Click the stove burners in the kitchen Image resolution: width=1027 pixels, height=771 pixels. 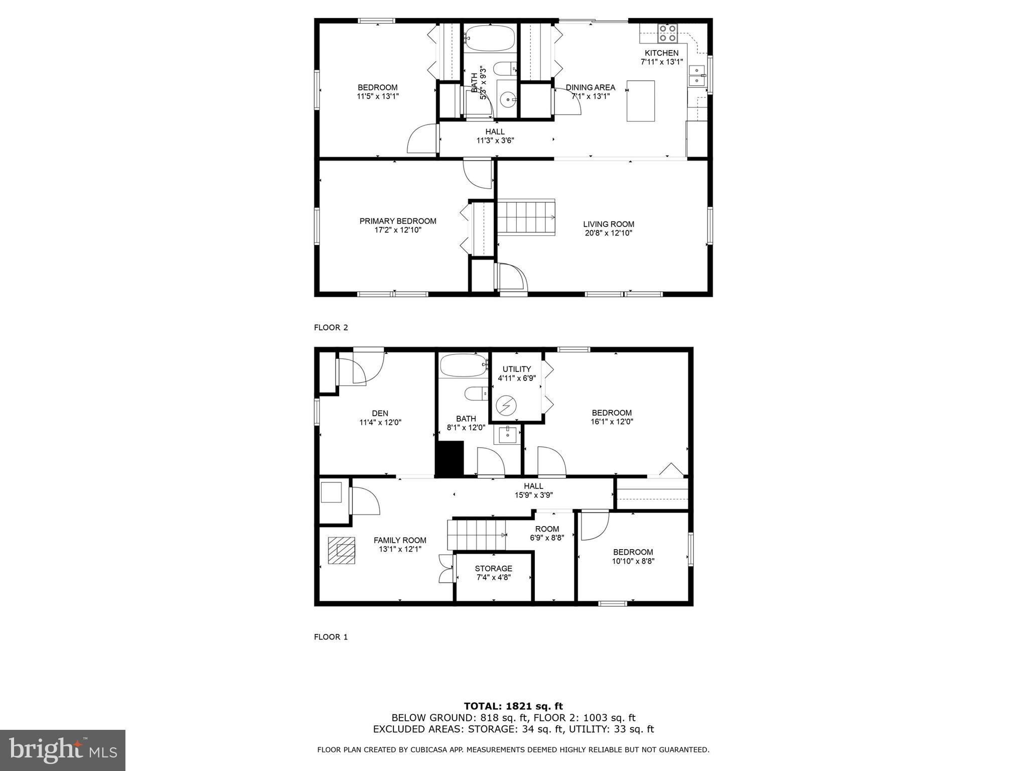pos(667,33)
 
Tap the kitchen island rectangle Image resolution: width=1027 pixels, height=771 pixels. pos(641,101)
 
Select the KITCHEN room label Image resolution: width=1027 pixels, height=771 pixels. pos(661,53)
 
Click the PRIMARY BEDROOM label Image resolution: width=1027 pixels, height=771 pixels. pos(397,221)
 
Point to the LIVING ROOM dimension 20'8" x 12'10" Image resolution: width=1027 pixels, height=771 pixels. pos(609,233)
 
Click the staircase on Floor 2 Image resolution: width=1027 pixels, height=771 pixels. pos(526,217)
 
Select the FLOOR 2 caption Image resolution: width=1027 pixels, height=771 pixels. pos(331,328)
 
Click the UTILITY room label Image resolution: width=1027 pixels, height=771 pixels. pos(516,369)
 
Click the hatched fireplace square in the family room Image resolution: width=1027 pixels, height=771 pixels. pos(342,551)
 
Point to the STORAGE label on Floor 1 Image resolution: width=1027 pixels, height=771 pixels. pos(493,569)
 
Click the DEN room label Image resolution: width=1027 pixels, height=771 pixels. pos(380,414)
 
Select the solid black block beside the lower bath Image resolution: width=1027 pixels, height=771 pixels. pos(450,458)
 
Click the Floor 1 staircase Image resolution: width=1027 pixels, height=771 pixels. pos(476,535)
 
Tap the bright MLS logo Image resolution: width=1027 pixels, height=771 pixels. pos(62,750)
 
